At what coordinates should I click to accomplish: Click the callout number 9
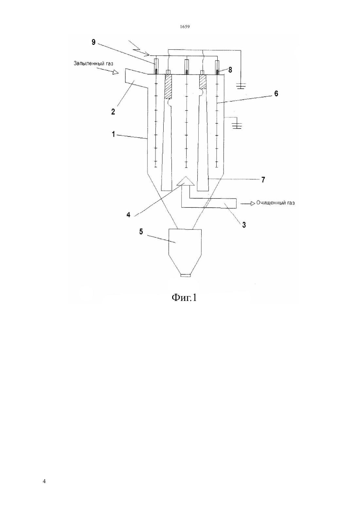[94, 42]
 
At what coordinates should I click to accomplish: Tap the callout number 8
[230, 70]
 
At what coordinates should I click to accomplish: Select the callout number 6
[276, 93]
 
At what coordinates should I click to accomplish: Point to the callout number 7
[263, 180]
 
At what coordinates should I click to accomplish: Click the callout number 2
[113, 112]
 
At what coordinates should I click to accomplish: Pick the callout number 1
[114, 134]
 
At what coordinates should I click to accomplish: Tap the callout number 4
[128, 215]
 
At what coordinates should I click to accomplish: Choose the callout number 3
[244, 225]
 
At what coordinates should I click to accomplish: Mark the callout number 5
[141, 232]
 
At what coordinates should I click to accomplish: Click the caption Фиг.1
[184, 297]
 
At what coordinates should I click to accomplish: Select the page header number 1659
[185, 26]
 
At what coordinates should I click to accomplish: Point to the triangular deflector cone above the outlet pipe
[186, 181]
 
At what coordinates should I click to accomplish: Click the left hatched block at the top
[168, 87]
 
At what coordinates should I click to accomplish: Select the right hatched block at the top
[203, 81]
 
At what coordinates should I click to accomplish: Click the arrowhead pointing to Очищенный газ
[253, 203]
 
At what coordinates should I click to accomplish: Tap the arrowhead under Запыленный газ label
[116, 73]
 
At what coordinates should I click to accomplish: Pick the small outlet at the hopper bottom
[186, 276]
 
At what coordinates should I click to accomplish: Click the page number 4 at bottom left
[44, 481]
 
